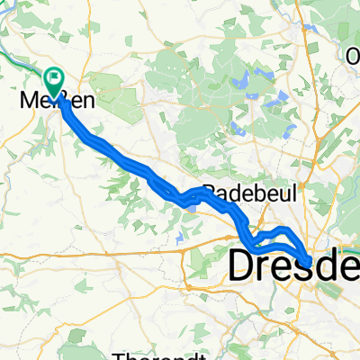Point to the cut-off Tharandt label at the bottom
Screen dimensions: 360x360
[152, 354]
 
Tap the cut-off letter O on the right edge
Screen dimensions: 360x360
[354, 56]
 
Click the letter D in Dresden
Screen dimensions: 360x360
[245, 265]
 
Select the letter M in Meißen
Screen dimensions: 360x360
[25, 100]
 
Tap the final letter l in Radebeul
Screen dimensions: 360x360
[279, 191]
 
